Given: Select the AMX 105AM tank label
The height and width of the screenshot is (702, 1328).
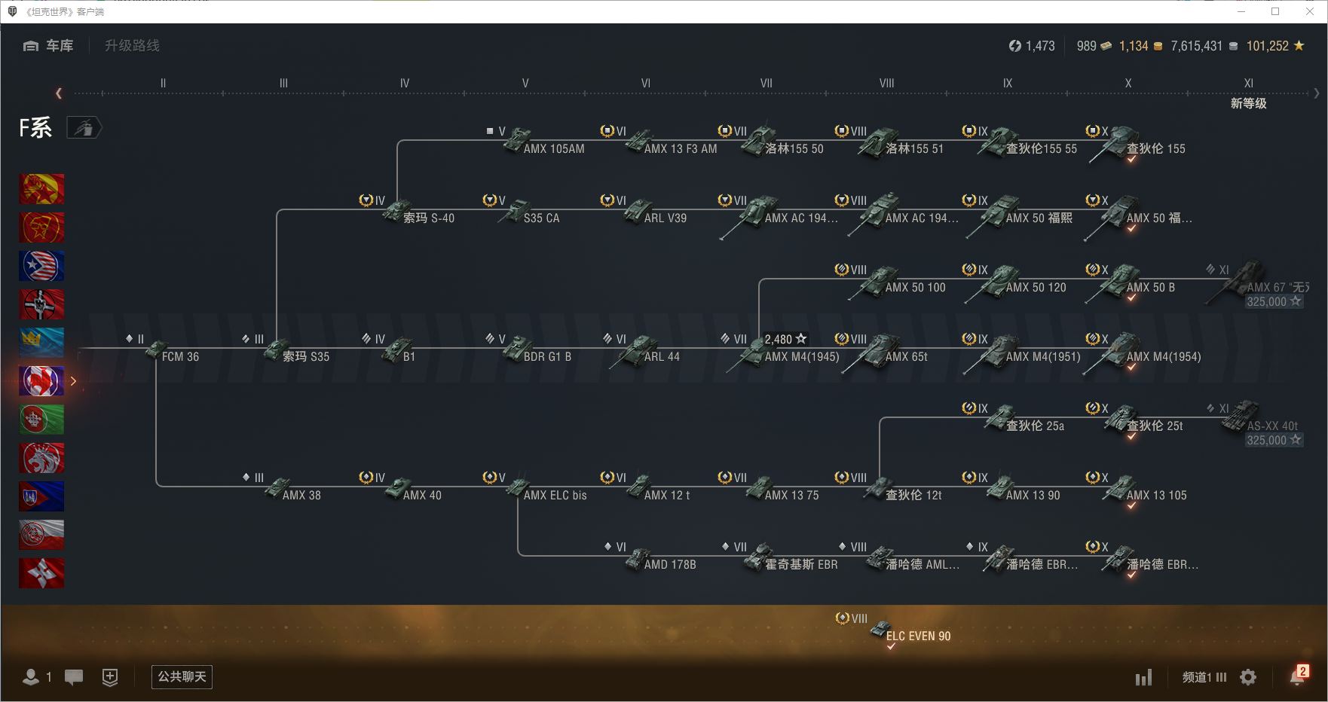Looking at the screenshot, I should pos(553,148).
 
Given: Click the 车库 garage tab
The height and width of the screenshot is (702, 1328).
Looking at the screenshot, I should pos(49,46).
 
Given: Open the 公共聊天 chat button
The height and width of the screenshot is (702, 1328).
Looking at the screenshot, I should pos(182,676).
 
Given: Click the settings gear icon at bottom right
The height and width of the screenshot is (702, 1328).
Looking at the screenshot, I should pos(1248,677).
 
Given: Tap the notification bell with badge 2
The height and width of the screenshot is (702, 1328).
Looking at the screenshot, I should pos(1297,676).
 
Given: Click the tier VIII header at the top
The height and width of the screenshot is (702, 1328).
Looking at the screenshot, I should pos(886,84).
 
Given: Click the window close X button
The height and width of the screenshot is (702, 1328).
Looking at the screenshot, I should pos(1310,11).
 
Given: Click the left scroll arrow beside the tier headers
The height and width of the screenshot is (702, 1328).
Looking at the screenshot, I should pos(59,93).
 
